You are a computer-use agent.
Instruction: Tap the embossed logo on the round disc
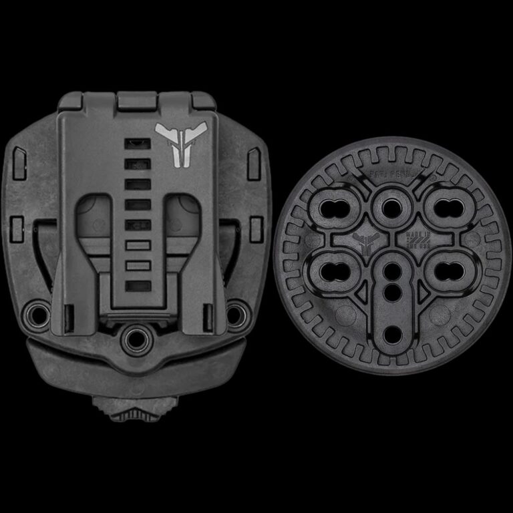365,243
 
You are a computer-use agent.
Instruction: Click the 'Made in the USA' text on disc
415,243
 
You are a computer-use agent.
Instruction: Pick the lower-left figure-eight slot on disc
341,269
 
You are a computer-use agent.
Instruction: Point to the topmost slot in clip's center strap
136,144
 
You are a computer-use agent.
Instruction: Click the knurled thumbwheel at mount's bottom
137,409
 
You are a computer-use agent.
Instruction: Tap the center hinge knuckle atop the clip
137,102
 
